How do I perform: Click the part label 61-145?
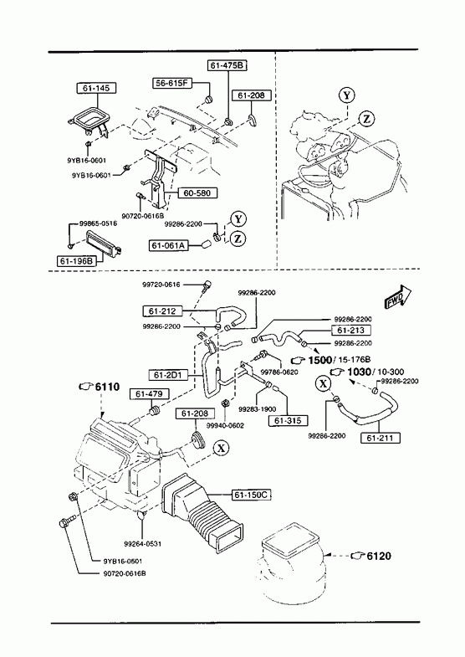coord(96,89)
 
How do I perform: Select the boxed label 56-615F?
coord(172,83)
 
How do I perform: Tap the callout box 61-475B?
coord(227,65)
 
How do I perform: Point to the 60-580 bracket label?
coord(197,193)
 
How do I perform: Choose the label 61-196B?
coord(76,261)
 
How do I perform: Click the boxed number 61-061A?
coord(169,245)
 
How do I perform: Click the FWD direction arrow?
coord(397,297)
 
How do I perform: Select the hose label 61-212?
coord(162,311)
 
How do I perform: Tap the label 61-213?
coord(350,331)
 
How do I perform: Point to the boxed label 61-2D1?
coord(168,375)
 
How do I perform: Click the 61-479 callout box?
coord(152,394)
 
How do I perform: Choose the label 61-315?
coord(290,420)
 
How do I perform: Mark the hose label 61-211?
coord(380,439)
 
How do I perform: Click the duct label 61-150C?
coord(250,495)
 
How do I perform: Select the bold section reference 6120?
coord(379,556)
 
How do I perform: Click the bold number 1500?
coord(319,360)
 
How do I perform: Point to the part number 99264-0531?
coord(143,544)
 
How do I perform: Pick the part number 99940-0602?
coord(225,425)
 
